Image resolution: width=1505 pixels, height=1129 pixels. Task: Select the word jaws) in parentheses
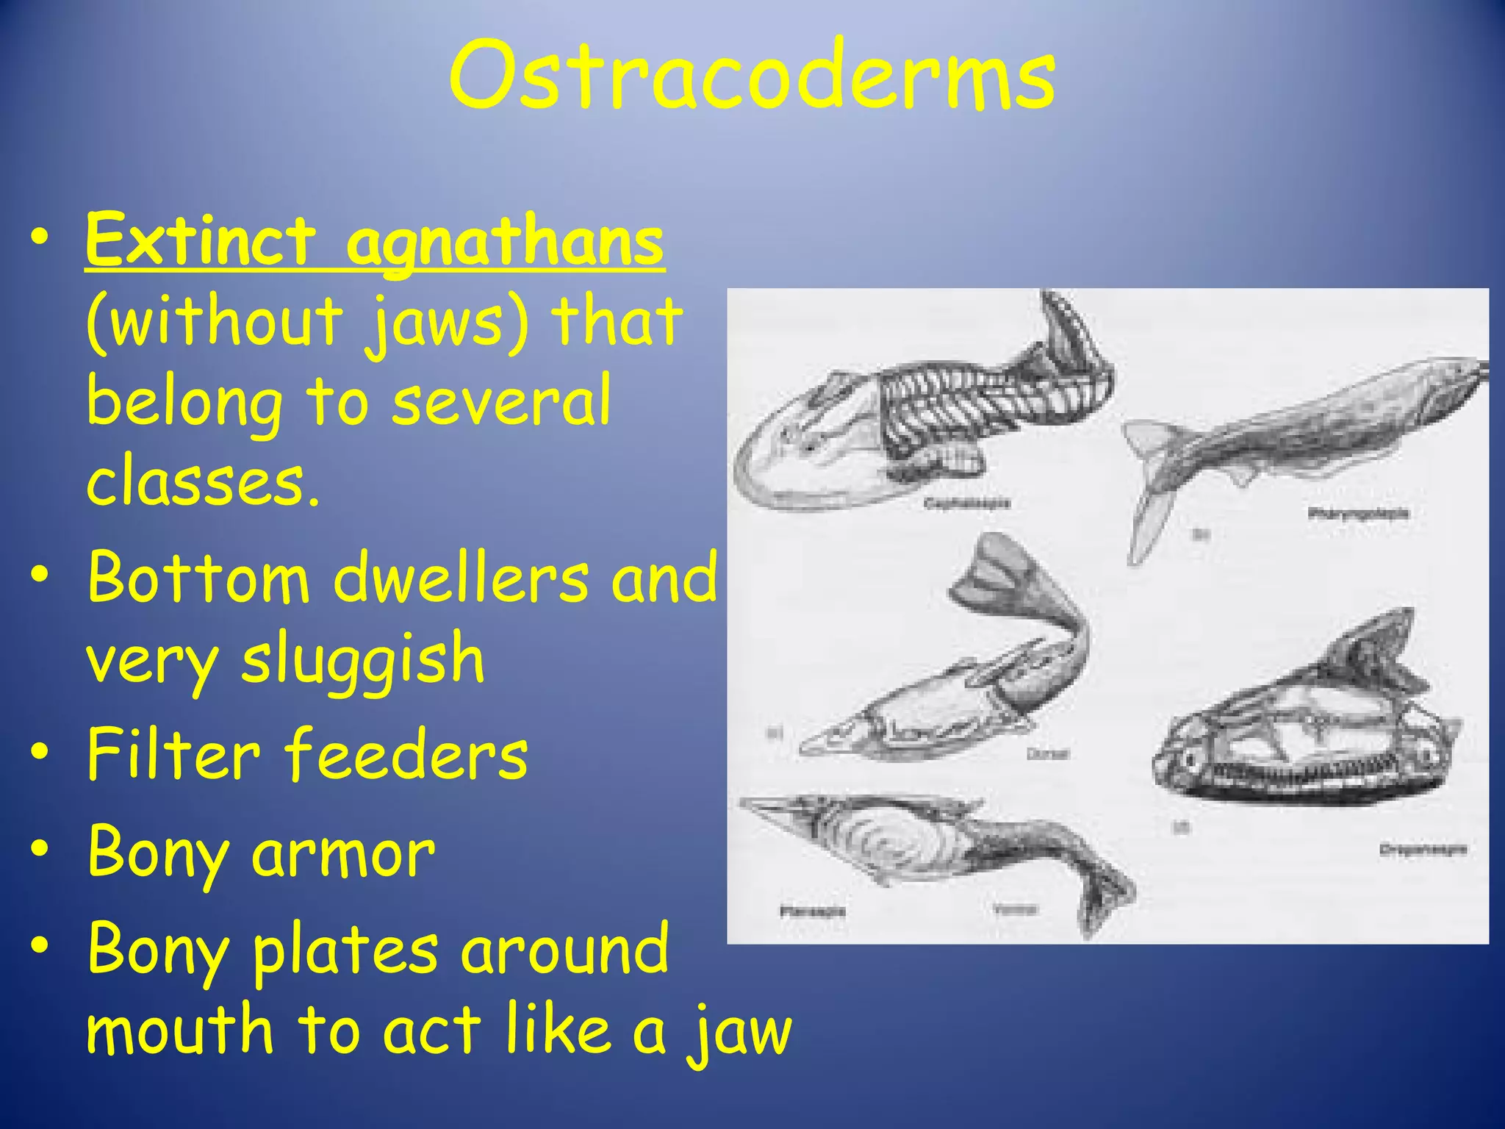click(447, 322)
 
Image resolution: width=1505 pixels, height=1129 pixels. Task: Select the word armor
click(343, 853)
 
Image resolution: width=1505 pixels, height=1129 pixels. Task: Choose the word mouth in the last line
click(180, 1029)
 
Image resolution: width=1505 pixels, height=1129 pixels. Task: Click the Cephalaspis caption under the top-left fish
click(966, 503)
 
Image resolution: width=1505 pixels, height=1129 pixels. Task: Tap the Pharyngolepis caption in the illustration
click(1358, 513)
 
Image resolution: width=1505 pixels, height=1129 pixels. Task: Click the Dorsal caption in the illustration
click(1047, 753)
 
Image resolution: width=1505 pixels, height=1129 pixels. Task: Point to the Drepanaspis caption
click(1423, 850)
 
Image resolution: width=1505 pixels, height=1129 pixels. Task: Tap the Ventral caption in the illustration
click(1015, 909)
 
